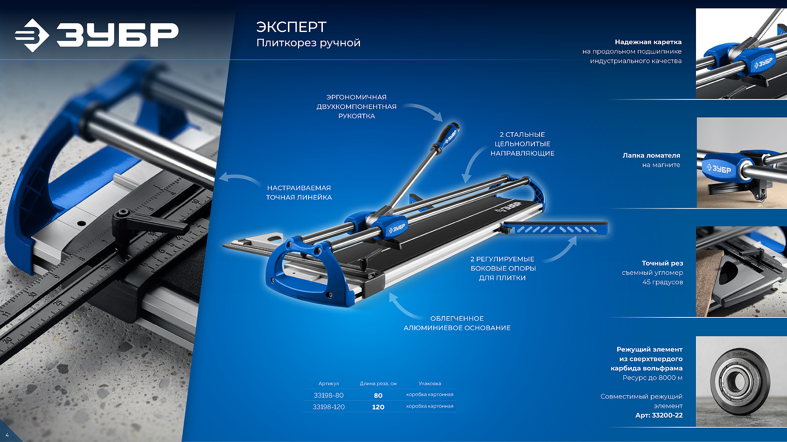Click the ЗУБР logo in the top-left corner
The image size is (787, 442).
click(x=97, y=35)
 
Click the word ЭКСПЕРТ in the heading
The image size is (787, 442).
click(x=291, y=27)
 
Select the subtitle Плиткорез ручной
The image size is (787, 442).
click(x=308, y=43)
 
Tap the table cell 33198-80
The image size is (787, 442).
click(x=328, y=395)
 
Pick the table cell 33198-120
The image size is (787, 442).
click(x=328, y=407)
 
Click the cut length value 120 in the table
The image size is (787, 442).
click(x=378, y=407)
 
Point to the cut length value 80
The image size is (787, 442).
click(x=378, y=395)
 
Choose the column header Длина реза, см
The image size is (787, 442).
click(x=378, y=383)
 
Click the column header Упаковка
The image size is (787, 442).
click(x=430, y=383)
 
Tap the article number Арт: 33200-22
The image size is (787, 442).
click(x=659, y=415)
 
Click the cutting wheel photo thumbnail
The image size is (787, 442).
click(x=741, y=381)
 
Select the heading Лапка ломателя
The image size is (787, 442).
click(x=651, y=155)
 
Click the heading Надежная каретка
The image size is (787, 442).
click(x=648, y=42)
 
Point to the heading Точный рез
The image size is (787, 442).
click(x=662, y=263)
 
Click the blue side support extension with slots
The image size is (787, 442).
click(x=556, y=228)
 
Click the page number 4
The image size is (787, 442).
click(x=7, y=435)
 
